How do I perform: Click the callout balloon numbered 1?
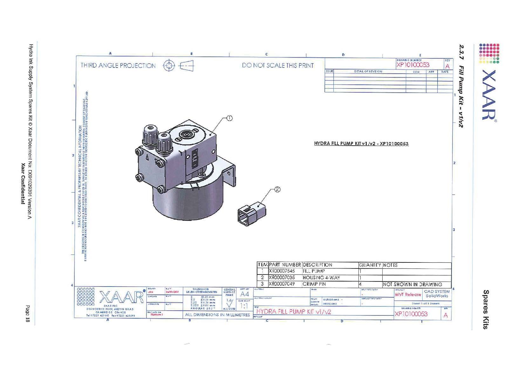(x=229, y=118)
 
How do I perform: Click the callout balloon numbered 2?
(x=277, y=189)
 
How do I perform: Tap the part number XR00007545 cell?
(x=282, y=271)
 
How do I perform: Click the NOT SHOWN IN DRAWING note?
(x=412, y=284)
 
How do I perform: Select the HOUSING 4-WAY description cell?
(x=321, y=278)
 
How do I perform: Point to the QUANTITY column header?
(x=370, y=265)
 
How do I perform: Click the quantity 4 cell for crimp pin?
(x=360, y=284)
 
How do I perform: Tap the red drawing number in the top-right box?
(x=413, y=65)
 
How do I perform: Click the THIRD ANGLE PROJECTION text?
(x=118, y=66)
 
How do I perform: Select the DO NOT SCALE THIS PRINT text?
(x=278, y=65)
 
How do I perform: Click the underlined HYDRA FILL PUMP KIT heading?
(x=361, y=143)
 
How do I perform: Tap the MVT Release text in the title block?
(x=408, y=294)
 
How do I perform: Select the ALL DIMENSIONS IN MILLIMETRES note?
(x=217, y=315)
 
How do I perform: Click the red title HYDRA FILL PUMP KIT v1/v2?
(x=294, y=312)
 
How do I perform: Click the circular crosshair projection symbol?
(x=169, y=66)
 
